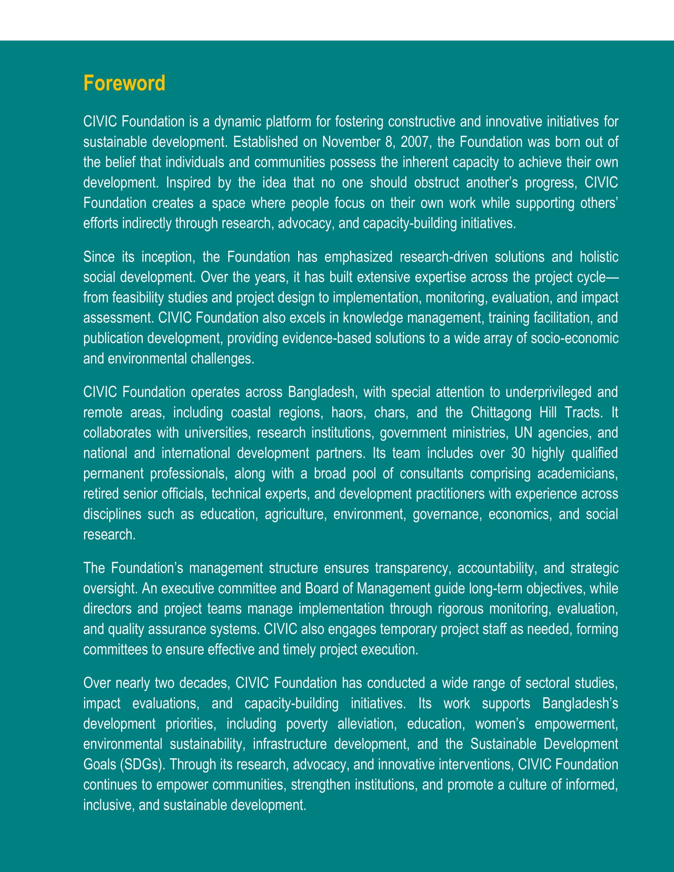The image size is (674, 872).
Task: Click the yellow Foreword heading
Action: pos(124,84)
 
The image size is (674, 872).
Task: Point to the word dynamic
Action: pos(237,122)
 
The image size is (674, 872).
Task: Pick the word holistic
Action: pos(599,257)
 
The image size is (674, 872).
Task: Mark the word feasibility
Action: pos(138,297)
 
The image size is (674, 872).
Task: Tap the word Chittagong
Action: pos(501,413)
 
